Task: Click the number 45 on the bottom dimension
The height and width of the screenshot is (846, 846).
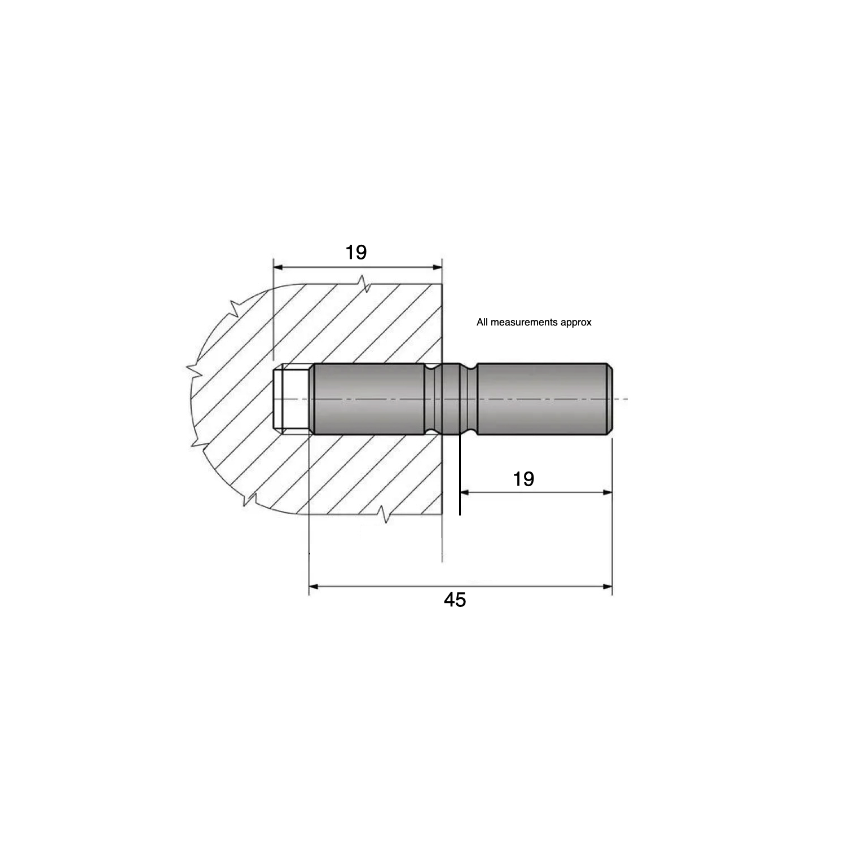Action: tap(455, 600)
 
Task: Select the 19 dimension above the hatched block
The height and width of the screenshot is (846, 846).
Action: tap(356, 252)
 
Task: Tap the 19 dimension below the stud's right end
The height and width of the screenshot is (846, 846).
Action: tap(523, 479)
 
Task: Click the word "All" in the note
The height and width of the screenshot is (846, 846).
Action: tap(482, 323)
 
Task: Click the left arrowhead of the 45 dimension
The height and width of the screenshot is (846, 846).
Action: tap(314, 587)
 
